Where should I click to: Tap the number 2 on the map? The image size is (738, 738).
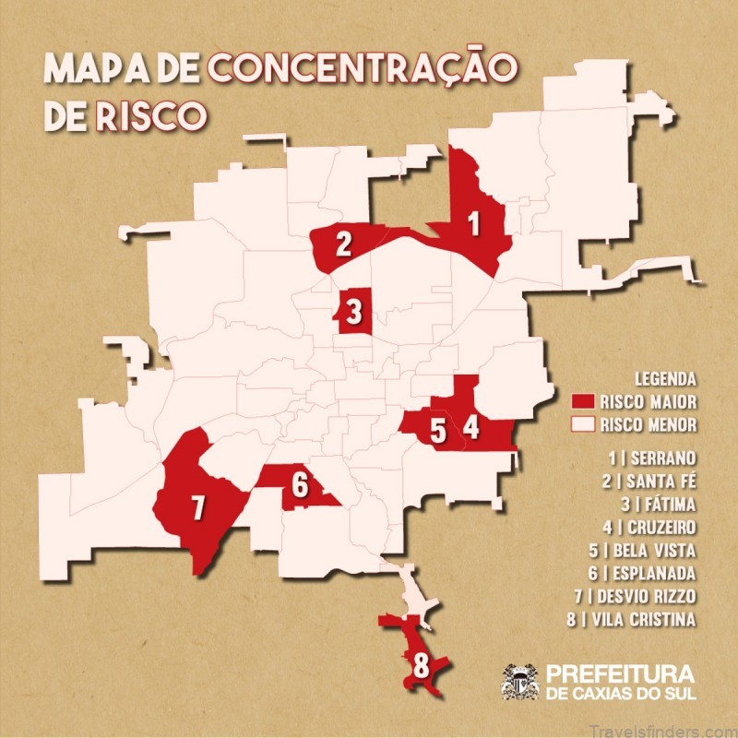coord(343,244)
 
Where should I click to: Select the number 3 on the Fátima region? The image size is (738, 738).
coord(354,312)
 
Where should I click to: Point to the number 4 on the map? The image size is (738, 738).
coord(471,427)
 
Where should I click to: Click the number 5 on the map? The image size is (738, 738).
coord(438,430)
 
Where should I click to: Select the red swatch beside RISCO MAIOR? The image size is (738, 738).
coord(582,402)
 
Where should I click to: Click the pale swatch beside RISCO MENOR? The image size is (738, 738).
coord(582,425)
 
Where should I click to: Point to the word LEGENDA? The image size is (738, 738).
coord(665,379)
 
